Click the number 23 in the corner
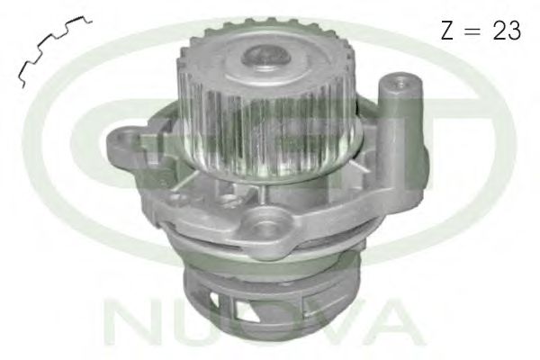pyautogui.click(x=507, y=30)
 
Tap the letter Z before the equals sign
pyautogui.click(x=447, y=31)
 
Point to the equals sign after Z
pyautogui.click(x=472, y=31)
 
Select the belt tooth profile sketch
pyautogui.click(x=54, y=49)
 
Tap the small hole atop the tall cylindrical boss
pyautogui.click(x=401, y=83)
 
